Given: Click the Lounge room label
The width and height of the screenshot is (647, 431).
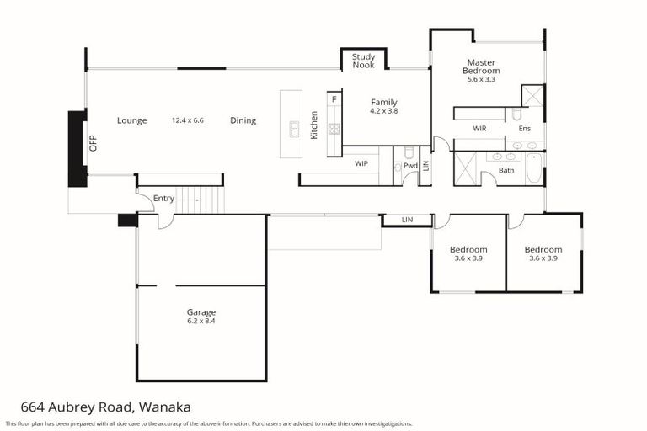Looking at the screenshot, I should (131, 120).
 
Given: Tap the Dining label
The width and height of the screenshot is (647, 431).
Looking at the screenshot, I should (243, 120).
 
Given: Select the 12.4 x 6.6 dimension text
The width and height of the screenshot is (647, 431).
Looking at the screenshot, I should (187, 120).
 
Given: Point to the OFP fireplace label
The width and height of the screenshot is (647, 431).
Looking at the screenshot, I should (94, 142).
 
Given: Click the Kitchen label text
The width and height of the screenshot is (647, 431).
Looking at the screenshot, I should (314, 125).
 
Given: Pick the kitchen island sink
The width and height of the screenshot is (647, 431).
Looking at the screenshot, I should (295, 129).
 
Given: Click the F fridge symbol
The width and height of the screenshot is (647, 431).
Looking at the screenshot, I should (334, 99).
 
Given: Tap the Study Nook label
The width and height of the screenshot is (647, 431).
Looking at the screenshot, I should (363, 61).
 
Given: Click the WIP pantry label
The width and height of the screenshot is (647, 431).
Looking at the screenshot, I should (361, 162).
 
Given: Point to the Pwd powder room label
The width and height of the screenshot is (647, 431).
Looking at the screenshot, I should (410, 166).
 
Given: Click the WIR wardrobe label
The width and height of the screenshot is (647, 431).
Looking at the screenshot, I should (480, 129).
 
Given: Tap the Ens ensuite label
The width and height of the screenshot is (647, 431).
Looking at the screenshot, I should (524, 129).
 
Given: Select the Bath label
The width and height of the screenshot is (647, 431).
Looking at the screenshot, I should (506, 171).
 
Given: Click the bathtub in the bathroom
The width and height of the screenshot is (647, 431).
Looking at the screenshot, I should (534, 168).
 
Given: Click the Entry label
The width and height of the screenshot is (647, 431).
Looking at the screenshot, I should (163, 199).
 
